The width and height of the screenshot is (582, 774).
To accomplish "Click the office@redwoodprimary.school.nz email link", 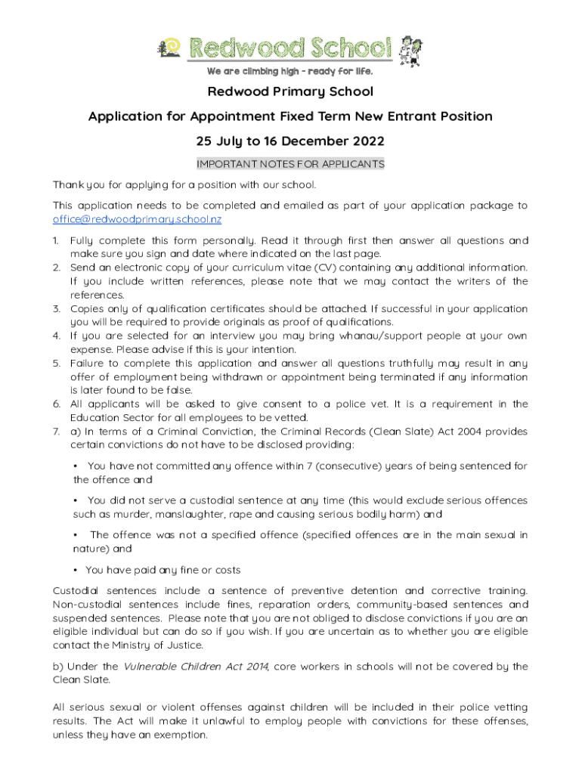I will (x=137, y=219).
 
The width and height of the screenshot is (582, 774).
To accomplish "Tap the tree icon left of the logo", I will (x=164, y=48).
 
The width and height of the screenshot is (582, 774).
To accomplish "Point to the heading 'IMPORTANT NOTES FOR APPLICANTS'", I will (x=290, y=164).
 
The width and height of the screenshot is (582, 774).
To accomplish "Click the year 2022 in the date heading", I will (x=367, y=141).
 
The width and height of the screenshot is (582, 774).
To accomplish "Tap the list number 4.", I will (x=56, y=336).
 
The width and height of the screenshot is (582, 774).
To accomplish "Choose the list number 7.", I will (x=56, y=431).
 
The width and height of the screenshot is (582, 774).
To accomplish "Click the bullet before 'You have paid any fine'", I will (x=76, y=570).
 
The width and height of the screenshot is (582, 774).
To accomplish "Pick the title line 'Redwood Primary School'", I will (x=290, y=92).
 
